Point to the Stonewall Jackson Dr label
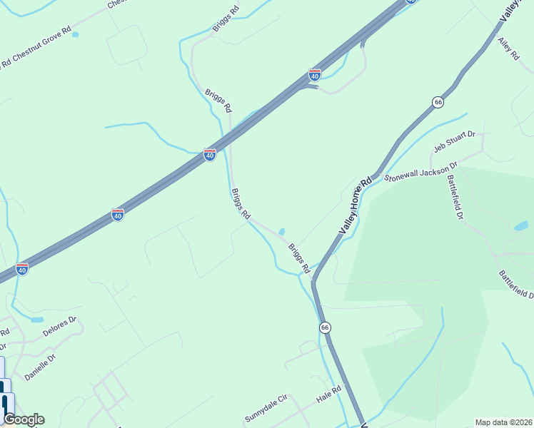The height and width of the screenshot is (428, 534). click(x=420, y=173)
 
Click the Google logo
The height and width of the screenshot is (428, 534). click(x=23, y=419)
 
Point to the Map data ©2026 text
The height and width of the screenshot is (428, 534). click(x=503, y=422)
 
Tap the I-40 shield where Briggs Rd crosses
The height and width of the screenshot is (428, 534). click(x=209, y=154)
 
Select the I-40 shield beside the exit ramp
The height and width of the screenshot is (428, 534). click(x=315, y=74)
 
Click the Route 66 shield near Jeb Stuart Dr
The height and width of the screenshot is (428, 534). click(x=438, y=102)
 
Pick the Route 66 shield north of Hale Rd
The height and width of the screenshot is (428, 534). click(x=325, y=327)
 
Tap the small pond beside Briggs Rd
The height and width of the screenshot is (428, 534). click(x=282, y=231)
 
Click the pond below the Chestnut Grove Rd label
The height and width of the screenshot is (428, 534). click(x=76, y=34)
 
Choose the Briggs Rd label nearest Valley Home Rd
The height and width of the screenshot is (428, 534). click(x=299, y=259)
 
